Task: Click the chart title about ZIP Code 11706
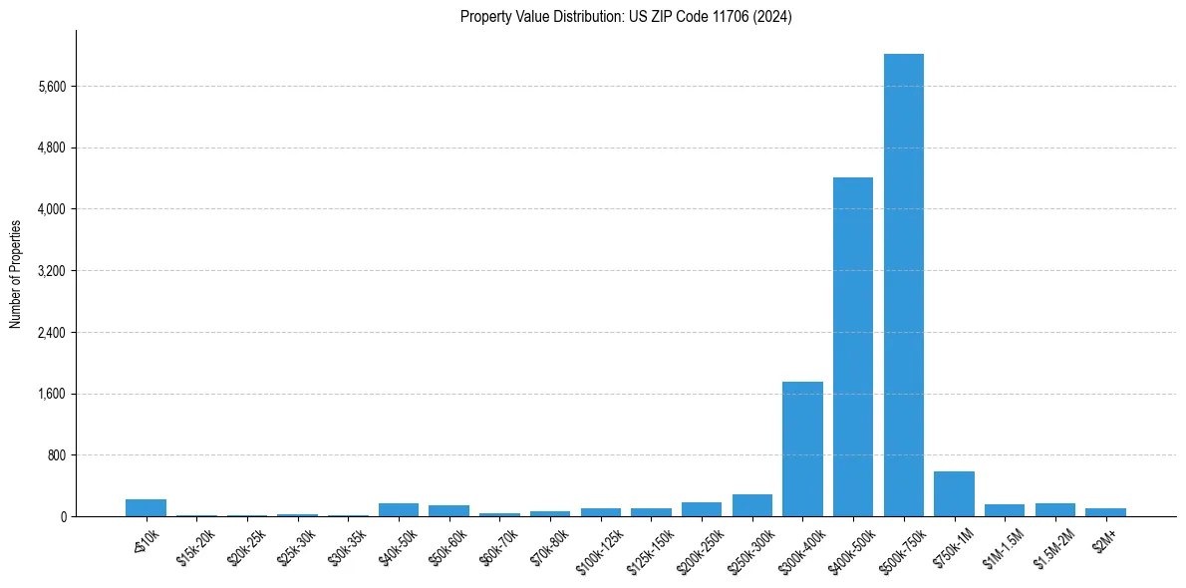(626, 17)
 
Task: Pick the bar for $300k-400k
(802, 448)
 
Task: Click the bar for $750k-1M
(954, 494)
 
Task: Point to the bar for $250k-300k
(752, 505)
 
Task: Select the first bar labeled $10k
(146, 507)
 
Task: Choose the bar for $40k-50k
(399, 509)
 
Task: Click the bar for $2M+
(1105, 512)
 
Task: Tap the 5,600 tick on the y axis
(50, 87)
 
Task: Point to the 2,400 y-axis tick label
(50, 333)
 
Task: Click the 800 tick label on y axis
(56, 455)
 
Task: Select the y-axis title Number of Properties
(16, 273)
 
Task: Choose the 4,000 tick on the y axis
(50, 209)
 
